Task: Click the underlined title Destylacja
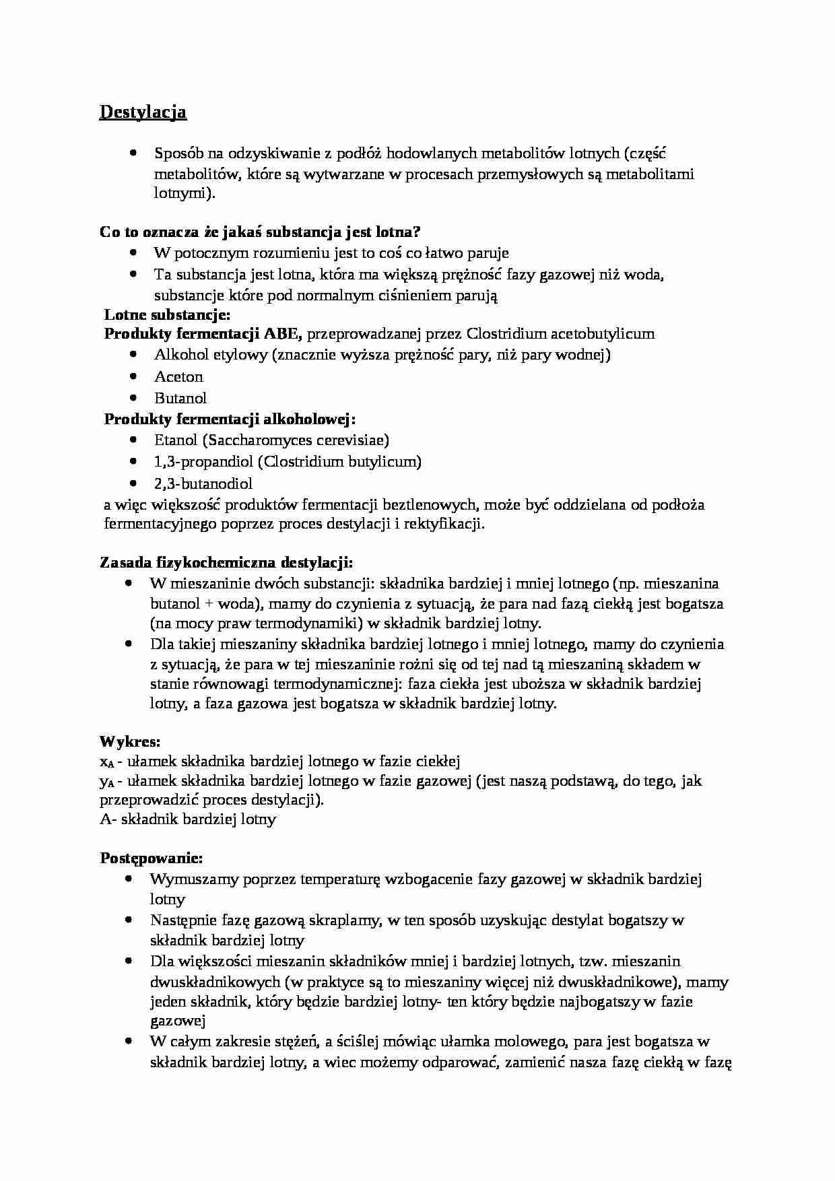[143, 112]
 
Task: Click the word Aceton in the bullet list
[178, 376]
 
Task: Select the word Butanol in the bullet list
[180, 398]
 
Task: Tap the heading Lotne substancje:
[167, 314]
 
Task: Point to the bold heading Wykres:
[130, 742]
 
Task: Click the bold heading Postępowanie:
[152, 858]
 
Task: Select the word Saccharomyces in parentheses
[258, 440]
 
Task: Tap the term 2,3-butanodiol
[203, 483]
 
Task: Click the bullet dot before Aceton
[135, 376]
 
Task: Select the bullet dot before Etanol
[135, 440]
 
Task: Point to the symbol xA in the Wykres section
[106, 762]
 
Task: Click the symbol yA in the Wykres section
[106, 782]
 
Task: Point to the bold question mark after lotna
[417, 232]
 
